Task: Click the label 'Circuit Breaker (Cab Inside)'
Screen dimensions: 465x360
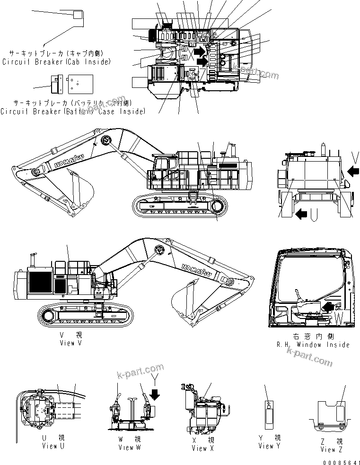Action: [x=56, y=62]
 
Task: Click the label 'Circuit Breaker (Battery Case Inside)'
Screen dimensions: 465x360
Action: [x=72, y=111]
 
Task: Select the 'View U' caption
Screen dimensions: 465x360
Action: [x=50, y=446]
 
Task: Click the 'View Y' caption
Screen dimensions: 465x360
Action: [x=270, y=446]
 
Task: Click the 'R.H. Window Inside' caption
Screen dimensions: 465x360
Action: [x=313, y=344]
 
